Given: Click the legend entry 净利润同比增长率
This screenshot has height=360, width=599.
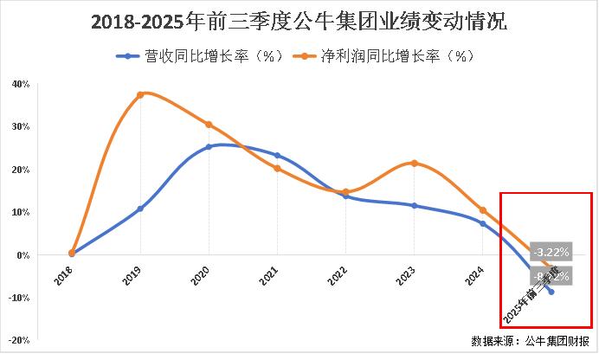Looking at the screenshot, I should pyautogui.click(x=390, y=56).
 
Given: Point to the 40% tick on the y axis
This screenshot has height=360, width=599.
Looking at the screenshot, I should pyautogui.click(x=22, y=84).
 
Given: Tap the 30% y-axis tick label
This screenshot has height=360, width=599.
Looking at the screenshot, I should pyautogui.click(x=22, y=126).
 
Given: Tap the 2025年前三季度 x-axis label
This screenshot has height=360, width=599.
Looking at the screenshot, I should pyautogui.click(x=530, y=292).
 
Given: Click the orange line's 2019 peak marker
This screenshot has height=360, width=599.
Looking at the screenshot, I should pyautogui.click(x=140, y=94).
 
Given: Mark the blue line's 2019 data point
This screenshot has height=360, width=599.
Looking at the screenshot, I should pyautogui.click(x=140, y=209).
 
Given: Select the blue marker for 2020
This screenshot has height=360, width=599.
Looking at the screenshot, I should pyautogui.click(x=209, y=147).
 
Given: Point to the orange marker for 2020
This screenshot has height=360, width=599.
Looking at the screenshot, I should pyautogui.click(x=209, y=125).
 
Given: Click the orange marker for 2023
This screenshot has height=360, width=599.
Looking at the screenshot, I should pyautogui.click(x=415, y=163).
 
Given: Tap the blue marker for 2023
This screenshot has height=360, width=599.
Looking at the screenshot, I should pyautogui.click(x=415, y=205).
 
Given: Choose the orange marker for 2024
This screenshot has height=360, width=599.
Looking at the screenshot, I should pyautogui.click(x=483, y=210).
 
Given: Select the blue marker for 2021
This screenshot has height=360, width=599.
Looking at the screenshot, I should pyautogui.click(x=277, y=156).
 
